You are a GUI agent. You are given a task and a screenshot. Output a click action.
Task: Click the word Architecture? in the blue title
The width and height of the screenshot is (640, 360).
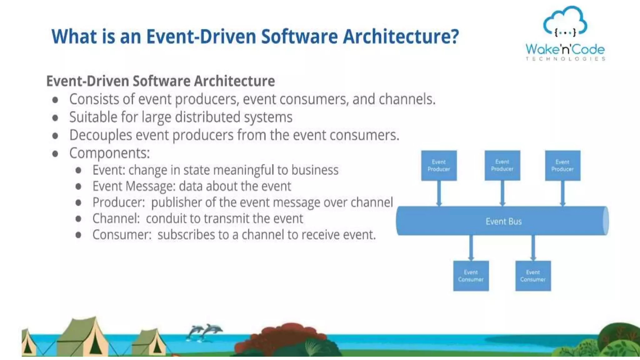coord(401,37)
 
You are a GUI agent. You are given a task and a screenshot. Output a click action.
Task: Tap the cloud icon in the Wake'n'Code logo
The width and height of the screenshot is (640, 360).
coord(565,21)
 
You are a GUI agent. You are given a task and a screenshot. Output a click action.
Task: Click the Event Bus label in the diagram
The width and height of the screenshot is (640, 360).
coord(503,222)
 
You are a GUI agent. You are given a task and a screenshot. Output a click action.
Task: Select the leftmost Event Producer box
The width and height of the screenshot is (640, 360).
coord(439,166)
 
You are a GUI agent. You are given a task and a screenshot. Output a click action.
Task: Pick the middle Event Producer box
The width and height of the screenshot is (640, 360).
coord(502,166)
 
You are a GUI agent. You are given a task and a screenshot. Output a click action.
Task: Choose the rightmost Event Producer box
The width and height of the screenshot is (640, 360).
coord(562,166)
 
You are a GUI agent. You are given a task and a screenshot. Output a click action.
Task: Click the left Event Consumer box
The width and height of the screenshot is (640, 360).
coord(471,276)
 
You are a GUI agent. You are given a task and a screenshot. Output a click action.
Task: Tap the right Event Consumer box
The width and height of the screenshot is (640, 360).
coord(533,276)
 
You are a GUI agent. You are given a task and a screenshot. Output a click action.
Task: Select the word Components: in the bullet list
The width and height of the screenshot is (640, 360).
coord(109,153)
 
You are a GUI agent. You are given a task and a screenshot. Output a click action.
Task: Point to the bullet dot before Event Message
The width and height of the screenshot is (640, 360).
coord(78,187)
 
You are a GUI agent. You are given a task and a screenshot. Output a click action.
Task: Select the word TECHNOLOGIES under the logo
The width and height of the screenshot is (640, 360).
coord(565,59)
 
